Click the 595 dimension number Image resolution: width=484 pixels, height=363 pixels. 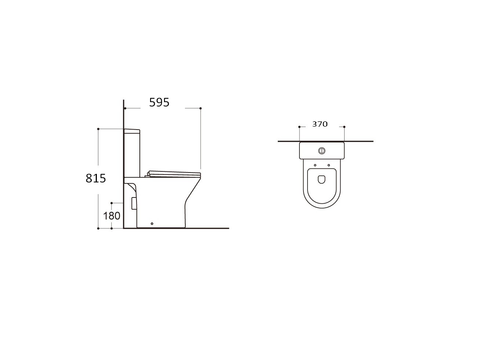tap(159, 102)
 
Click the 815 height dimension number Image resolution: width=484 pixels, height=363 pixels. tap(96, 178)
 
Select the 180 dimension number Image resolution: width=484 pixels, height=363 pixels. tap(112, 216)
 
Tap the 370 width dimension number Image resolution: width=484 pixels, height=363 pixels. tap(320, 124)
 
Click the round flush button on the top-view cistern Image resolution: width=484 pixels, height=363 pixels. tap(322, 151)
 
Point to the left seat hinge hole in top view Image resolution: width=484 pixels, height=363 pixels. tap(315, 165)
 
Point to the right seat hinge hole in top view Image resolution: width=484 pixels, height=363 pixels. tap(329, 165)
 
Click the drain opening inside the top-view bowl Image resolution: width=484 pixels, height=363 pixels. tap(322, 179)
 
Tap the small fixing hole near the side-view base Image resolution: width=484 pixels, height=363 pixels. tap(152, 224)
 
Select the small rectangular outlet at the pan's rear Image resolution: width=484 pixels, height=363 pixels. tap(134, 203)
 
